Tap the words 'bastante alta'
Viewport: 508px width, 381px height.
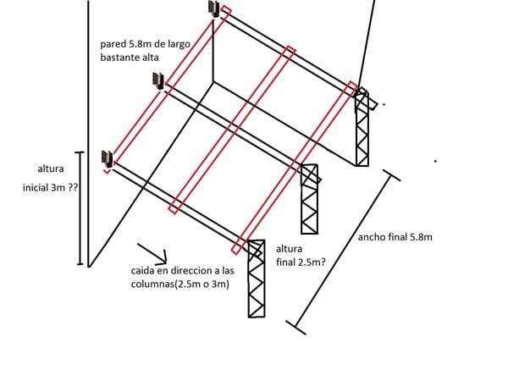(130, 58)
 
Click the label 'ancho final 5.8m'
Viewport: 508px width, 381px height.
(395, 238)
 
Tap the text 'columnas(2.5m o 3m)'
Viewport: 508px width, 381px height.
(174, 284)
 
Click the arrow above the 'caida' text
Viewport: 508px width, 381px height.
(152, 252)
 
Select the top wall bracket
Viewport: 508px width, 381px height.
(214, 9)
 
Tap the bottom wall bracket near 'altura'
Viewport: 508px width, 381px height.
(107, 158)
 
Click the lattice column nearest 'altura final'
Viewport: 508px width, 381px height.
(257, 279)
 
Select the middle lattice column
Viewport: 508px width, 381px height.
(310, 199)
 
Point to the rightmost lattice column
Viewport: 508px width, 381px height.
(362, 127)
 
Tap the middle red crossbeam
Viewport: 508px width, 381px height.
(231, 128)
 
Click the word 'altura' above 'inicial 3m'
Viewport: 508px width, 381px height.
(50, 169)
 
